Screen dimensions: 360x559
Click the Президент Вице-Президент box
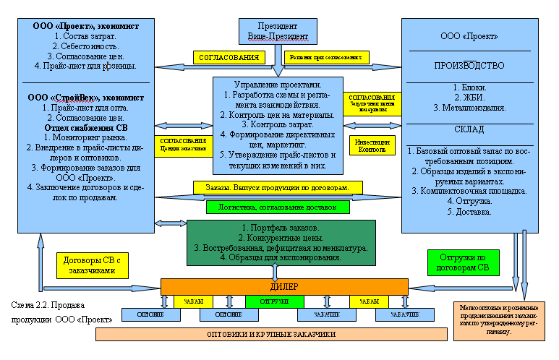click(x=273, y=30)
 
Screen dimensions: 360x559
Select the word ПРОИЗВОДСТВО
click(x=469, y=66)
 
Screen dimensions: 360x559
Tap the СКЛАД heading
click(x=469, y=129)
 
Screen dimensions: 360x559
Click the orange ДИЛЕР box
click(x=283, y=286)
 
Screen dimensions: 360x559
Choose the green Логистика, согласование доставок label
click(x=277, y=207)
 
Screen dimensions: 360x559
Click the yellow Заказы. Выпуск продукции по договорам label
click(x=277, y=187)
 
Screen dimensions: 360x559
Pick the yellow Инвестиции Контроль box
click(x=372, y=145)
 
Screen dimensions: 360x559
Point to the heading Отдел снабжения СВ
click(x=85, y=129)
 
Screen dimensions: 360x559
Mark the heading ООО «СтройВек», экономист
click(x=84, y=97)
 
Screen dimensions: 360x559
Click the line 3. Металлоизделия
click(x=469, y=108)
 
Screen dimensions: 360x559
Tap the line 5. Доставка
click(x=469, y=213)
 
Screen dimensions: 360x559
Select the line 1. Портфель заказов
click(x=281, y=228)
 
